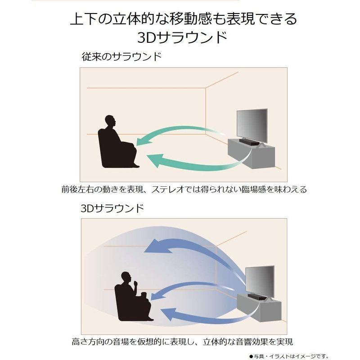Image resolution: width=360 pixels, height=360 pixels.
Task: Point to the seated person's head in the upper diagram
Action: click(110, 121)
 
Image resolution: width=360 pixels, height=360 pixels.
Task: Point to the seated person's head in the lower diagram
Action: click(127, 277)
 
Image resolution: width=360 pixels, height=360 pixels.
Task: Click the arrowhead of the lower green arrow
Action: click(153, 159)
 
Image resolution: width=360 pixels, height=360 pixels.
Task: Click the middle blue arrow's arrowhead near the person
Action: click(155, 295)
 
